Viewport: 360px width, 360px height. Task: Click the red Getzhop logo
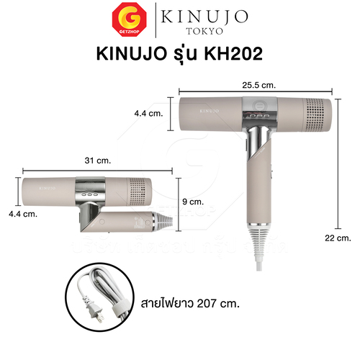coord(129,19)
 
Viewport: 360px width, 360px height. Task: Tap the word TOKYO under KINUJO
coord(204,31)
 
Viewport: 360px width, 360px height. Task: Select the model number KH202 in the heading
coord(233,53)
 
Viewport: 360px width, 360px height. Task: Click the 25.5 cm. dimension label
coord(259,85)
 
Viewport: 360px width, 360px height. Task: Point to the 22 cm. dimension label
coord(338,238)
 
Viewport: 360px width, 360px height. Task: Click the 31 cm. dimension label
coord(98,161)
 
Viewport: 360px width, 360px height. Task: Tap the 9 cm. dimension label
coord(193,202)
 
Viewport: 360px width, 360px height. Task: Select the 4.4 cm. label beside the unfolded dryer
coord(148,113)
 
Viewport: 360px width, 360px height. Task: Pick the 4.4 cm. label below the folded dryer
coord(23,214)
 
